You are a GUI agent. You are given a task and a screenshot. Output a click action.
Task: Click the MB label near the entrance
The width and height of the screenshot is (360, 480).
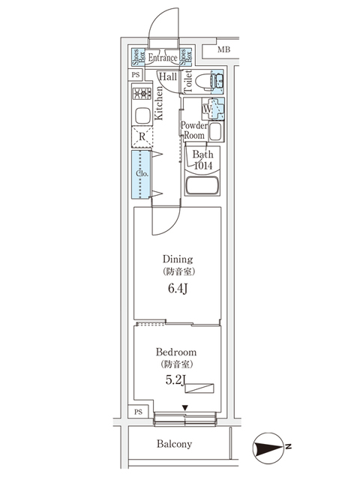click(x=224, y=50)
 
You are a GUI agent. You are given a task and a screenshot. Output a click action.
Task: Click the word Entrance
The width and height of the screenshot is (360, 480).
click(x=162, y=58)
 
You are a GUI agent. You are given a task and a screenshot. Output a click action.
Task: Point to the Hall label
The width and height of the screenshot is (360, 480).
click(x=168, y=76)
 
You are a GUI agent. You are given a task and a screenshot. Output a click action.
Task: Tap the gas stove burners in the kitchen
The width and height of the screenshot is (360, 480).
click(x=141, y=94)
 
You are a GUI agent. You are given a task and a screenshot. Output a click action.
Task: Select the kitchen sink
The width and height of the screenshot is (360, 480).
click(x=141, y=116)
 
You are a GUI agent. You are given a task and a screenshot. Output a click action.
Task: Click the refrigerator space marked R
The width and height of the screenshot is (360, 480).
click(x=141, y=136)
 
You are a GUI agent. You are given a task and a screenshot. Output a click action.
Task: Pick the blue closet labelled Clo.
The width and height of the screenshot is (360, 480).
click(x=141, y=174)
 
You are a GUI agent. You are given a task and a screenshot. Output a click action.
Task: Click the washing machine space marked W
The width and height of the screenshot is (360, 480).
click(x=212, y=107)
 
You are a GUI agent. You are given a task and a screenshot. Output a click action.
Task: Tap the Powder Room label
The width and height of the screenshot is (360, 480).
click(x=193, y=131)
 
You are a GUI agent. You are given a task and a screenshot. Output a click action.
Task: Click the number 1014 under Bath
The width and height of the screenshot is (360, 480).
click(x=202, y=166)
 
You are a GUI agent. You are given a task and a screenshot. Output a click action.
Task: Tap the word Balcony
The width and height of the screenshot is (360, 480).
click(x=174, y=444)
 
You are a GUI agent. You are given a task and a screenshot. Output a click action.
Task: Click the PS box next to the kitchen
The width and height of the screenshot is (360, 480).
click(x=136, y=75)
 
